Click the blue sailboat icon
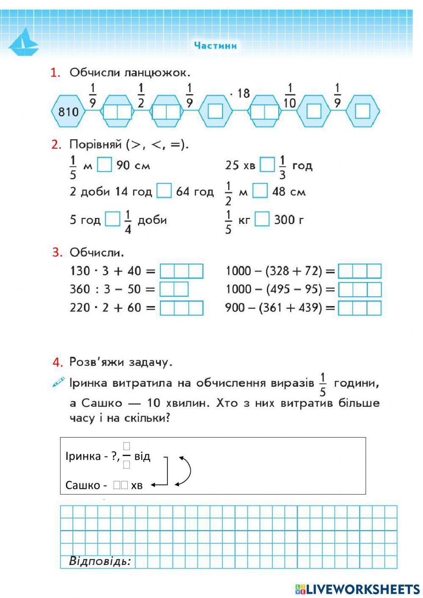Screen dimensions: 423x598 point(24,42)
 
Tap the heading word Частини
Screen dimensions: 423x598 point(215,45)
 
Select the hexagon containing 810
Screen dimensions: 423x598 point(69,112)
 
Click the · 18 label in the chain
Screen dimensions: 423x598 point(240,94)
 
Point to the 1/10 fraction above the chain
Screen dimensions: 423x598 point(289,96)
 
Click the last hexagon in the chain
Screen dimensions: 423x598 point(363,111)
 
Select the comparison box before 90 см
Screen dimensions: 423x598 point(104,165)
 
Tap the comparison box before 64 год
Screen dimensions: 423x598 point(164,191)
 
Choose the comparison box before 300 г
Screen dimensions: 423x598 point(262,219)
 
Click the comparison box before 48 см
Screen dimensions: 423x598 point(260,191)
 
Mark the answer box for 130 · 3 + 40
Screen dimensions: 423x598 point(181,271)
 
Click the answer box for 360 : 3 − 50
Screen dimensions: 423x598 point(174,289)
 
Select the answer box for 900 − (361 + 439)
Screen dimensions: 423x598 point(360,308)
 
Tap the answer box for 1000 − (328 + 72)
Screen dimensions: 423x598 point(360,271)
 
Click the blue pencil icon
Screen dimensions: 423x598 point(58,382)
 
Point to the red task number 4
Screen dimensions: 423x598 point(58,362)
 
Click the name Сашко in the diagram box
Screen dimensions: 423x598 point(82,485)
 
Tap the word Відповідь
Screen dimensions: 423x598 point(100,562)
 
